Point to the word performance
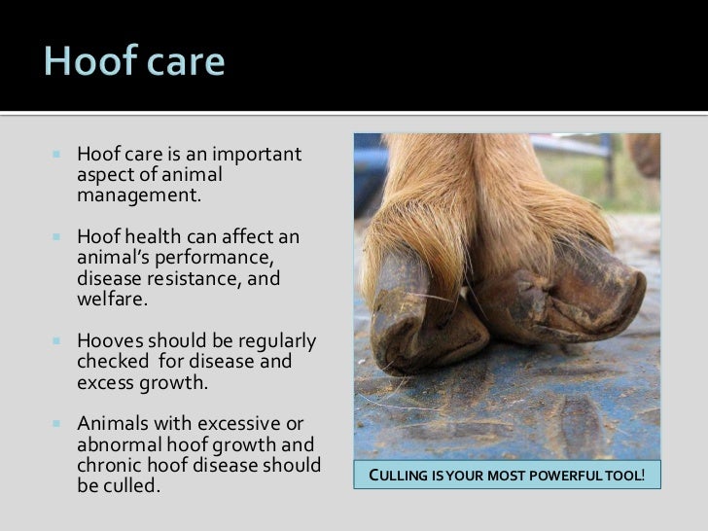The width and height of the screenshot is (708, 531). [222, 258]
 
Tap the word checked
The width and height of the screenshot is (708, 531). [109, 363]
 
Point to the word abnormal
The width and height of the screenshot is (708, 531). [116, 446]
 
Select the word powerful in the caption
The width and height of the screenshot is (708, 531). [569, 477]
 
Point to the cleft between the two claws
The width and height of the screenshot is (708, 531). [467, 292]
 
